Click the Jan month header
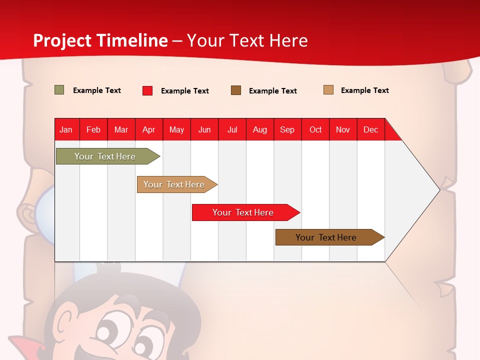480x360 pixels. pyautogui.click(x=66, y=129)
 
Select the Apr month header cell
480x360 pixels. pyautogui.click(x=149, y=129)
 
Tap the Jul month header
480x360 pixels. pyautogui.click(x=232, y=129)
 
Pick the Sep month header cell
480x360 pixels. pyautogui.click(x=287, y=129)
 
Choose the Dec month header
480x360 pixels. pyautogui.click(x=370, y=129)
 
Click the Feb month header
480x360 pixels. pyautogui.click(x=93, y=129)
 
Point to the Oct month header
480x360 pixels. pyautogui.click(x=315, y=129)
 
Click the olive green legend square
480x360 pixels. pyautogui.click(x=59, y=90)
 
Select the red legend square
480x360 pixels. pyautogui.click(x=147, y=90)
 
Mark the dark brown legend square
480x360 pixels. pyautogui.click(x=235, y=90)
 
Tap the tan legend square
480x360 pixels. pyautogui.click(x=328, y=90)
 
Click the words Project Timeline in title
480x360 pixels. pyautogui.click(x=100, y=40)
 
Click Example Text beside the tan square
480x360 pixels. pyautogui.click(x=364, y=90)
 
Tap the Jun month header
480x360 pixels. pyautogui.click(x=204, y=129)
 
